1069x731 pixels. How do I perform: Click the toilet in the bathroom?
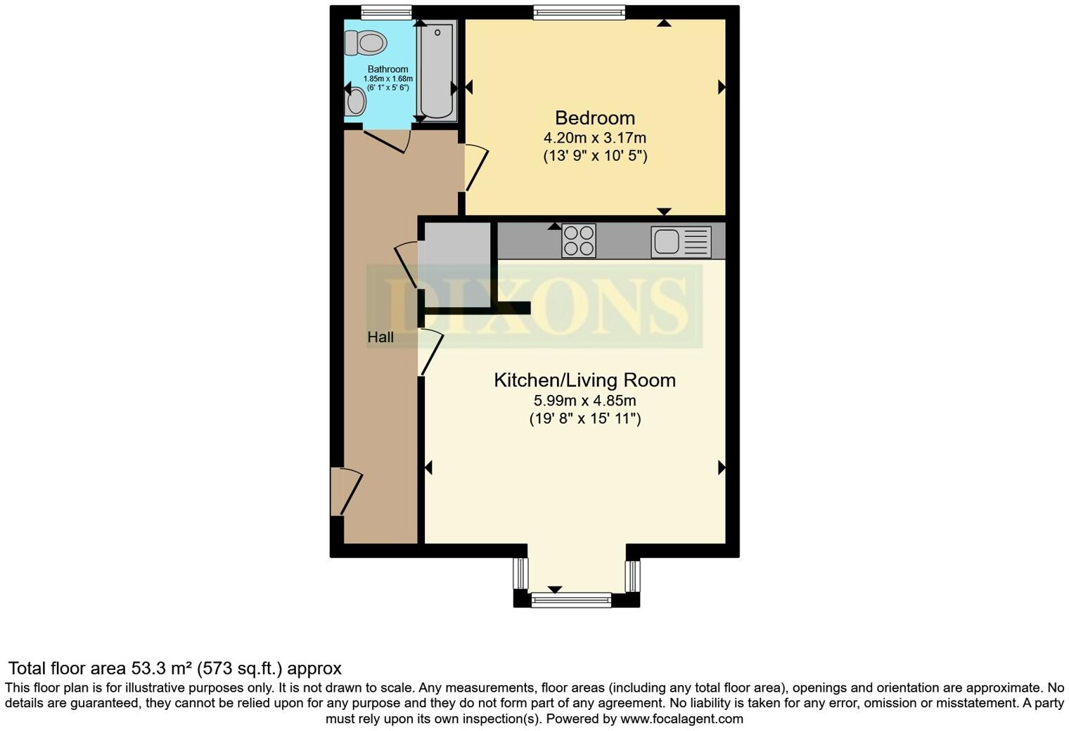click(366, 43)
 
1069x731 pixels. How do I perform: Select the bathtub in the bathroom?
click(436, 70)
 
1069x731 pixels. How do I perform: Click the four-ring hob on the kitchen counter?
click(579, 240)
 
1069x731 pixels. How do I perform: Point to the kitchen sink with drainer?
click(680, 242)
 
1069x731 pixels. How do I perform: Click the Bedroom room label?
click(594, 118)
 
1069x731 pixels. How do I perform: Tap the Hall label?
click(380, 337)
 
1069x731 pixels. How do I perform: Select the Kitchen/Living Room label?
click(584, 380)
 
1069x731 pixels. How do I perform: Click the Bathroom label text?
click(388, 69)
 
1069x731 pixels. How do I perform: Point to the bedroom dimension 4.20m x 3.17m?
click(594, 138)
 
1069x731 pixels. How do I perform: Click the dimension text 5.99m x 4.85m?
click(584, 401)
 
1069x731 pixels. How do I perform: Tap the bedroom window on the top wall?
click(579, 12)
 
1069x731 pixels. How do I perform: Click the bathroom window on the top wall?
click(386, 12)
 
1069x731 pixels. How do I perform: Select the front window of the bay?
click(570, 600)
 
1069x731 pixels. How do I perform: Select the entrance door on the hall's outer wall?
click(346, 492)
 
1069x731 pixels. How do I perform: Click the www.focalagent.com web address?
click(681, 719)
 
